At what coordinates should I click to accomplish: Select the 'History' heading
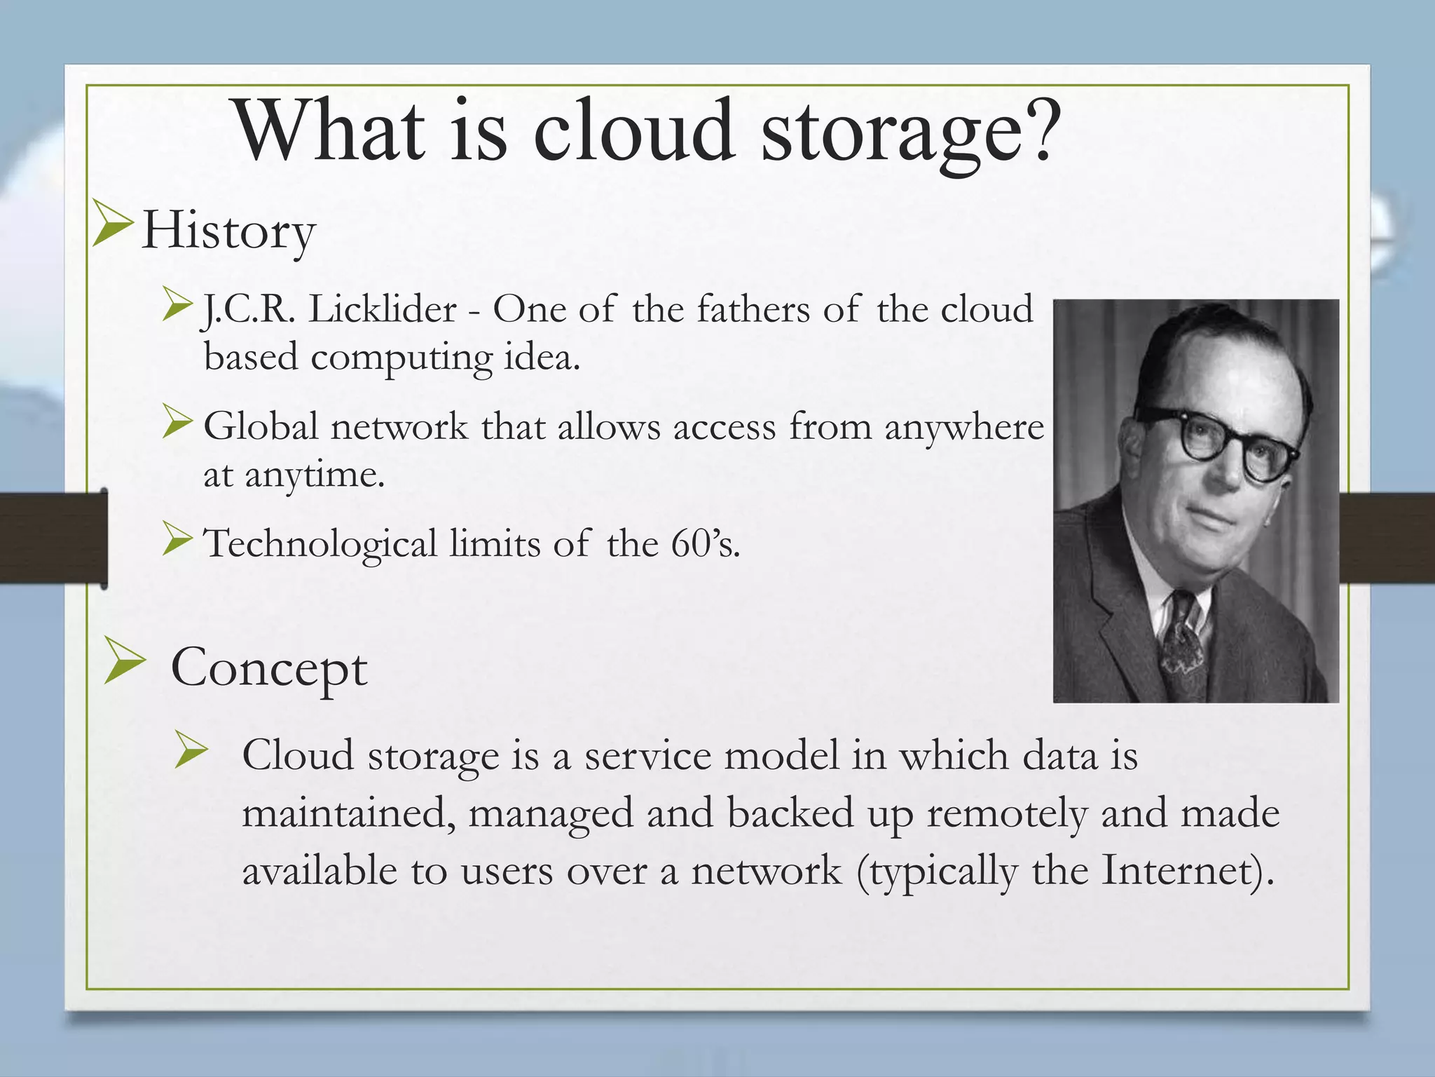click(228, 231)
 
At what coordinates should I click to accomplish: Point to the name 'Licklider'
click(383, 309)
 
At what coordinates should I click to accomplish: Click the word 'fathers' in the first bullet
click(753, 309)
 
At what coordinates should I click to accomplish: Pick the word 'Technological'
click(320, 543)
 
